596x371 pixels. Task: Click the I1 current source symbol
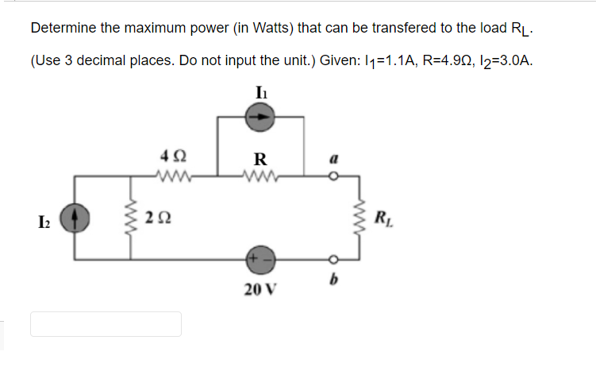(x=262, y=117)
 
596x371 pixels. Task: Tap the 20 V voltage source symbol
(x=262, y=259)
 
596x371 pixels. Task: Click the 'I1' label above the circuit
(x=261, y=91)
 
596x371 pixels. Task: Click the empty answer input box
(x=106, y=324)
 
